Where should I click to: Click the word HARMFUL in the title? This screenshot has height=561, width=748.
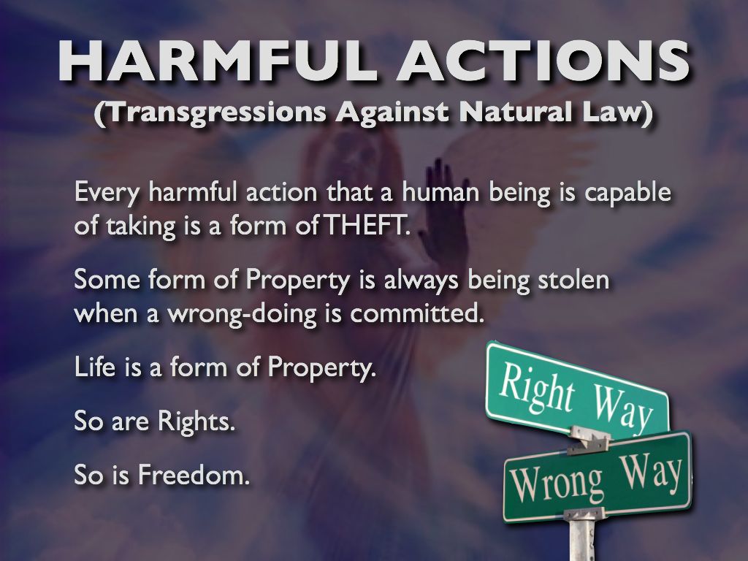click(x=218, y=61)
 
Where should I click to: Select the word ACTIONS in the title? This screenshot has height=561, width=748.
click(x=543, y=61)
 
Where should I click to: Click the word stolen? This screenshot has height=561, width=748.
click(x=573, y=280)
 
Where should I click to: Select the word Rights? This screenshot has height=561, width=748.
click(x=196, y=421)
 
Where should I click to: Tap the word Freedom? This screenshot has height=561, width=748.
click(x=194, y=475)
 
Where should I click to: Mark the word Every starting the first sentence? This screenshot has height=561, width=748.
click(x=107, y=193)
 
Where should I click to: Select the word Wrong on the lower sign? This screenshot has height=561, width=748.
click(x=556, y=484)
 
